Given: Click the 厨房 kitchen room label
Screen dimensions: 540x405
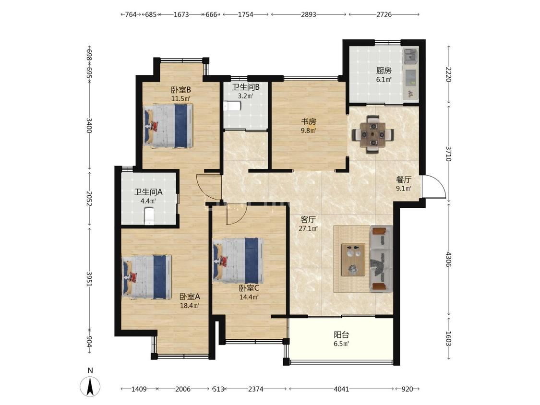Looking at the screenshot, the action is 384,71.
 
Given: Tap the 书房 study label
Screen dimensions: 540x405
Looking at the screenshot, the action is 309,121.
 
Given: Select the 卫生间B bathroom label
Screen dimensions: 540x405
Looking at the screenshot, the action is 246,87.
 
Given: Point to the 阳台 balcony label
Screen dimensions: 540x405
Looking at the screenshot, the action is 341,334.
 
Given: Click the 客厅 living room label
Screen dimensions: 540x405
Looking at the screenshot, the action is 308,219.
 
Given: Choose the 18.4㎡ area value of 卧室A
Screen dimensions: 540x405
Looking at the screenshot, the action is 190,306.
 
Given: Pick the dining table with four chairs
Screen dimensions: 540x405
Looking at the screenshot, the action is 372,134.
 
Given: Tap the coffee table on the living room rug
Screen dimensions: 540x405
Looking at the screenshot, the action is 353,260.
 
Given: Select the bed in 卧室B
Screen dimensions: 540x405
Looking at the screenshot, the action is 168,126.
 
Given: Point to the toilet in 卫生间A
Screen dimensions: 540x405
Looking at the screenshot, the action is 149,216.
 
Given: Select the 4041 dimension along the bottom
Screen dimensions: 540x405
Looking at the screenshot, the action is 341,389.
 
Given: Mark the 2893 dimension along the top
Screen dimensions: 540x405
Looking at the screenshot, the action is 308,14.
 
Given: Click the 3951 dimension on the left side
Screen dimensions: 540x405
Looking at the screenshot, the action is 89,279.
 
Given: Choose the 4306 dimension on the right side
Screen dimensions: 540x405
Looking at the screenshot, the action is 448,259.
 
